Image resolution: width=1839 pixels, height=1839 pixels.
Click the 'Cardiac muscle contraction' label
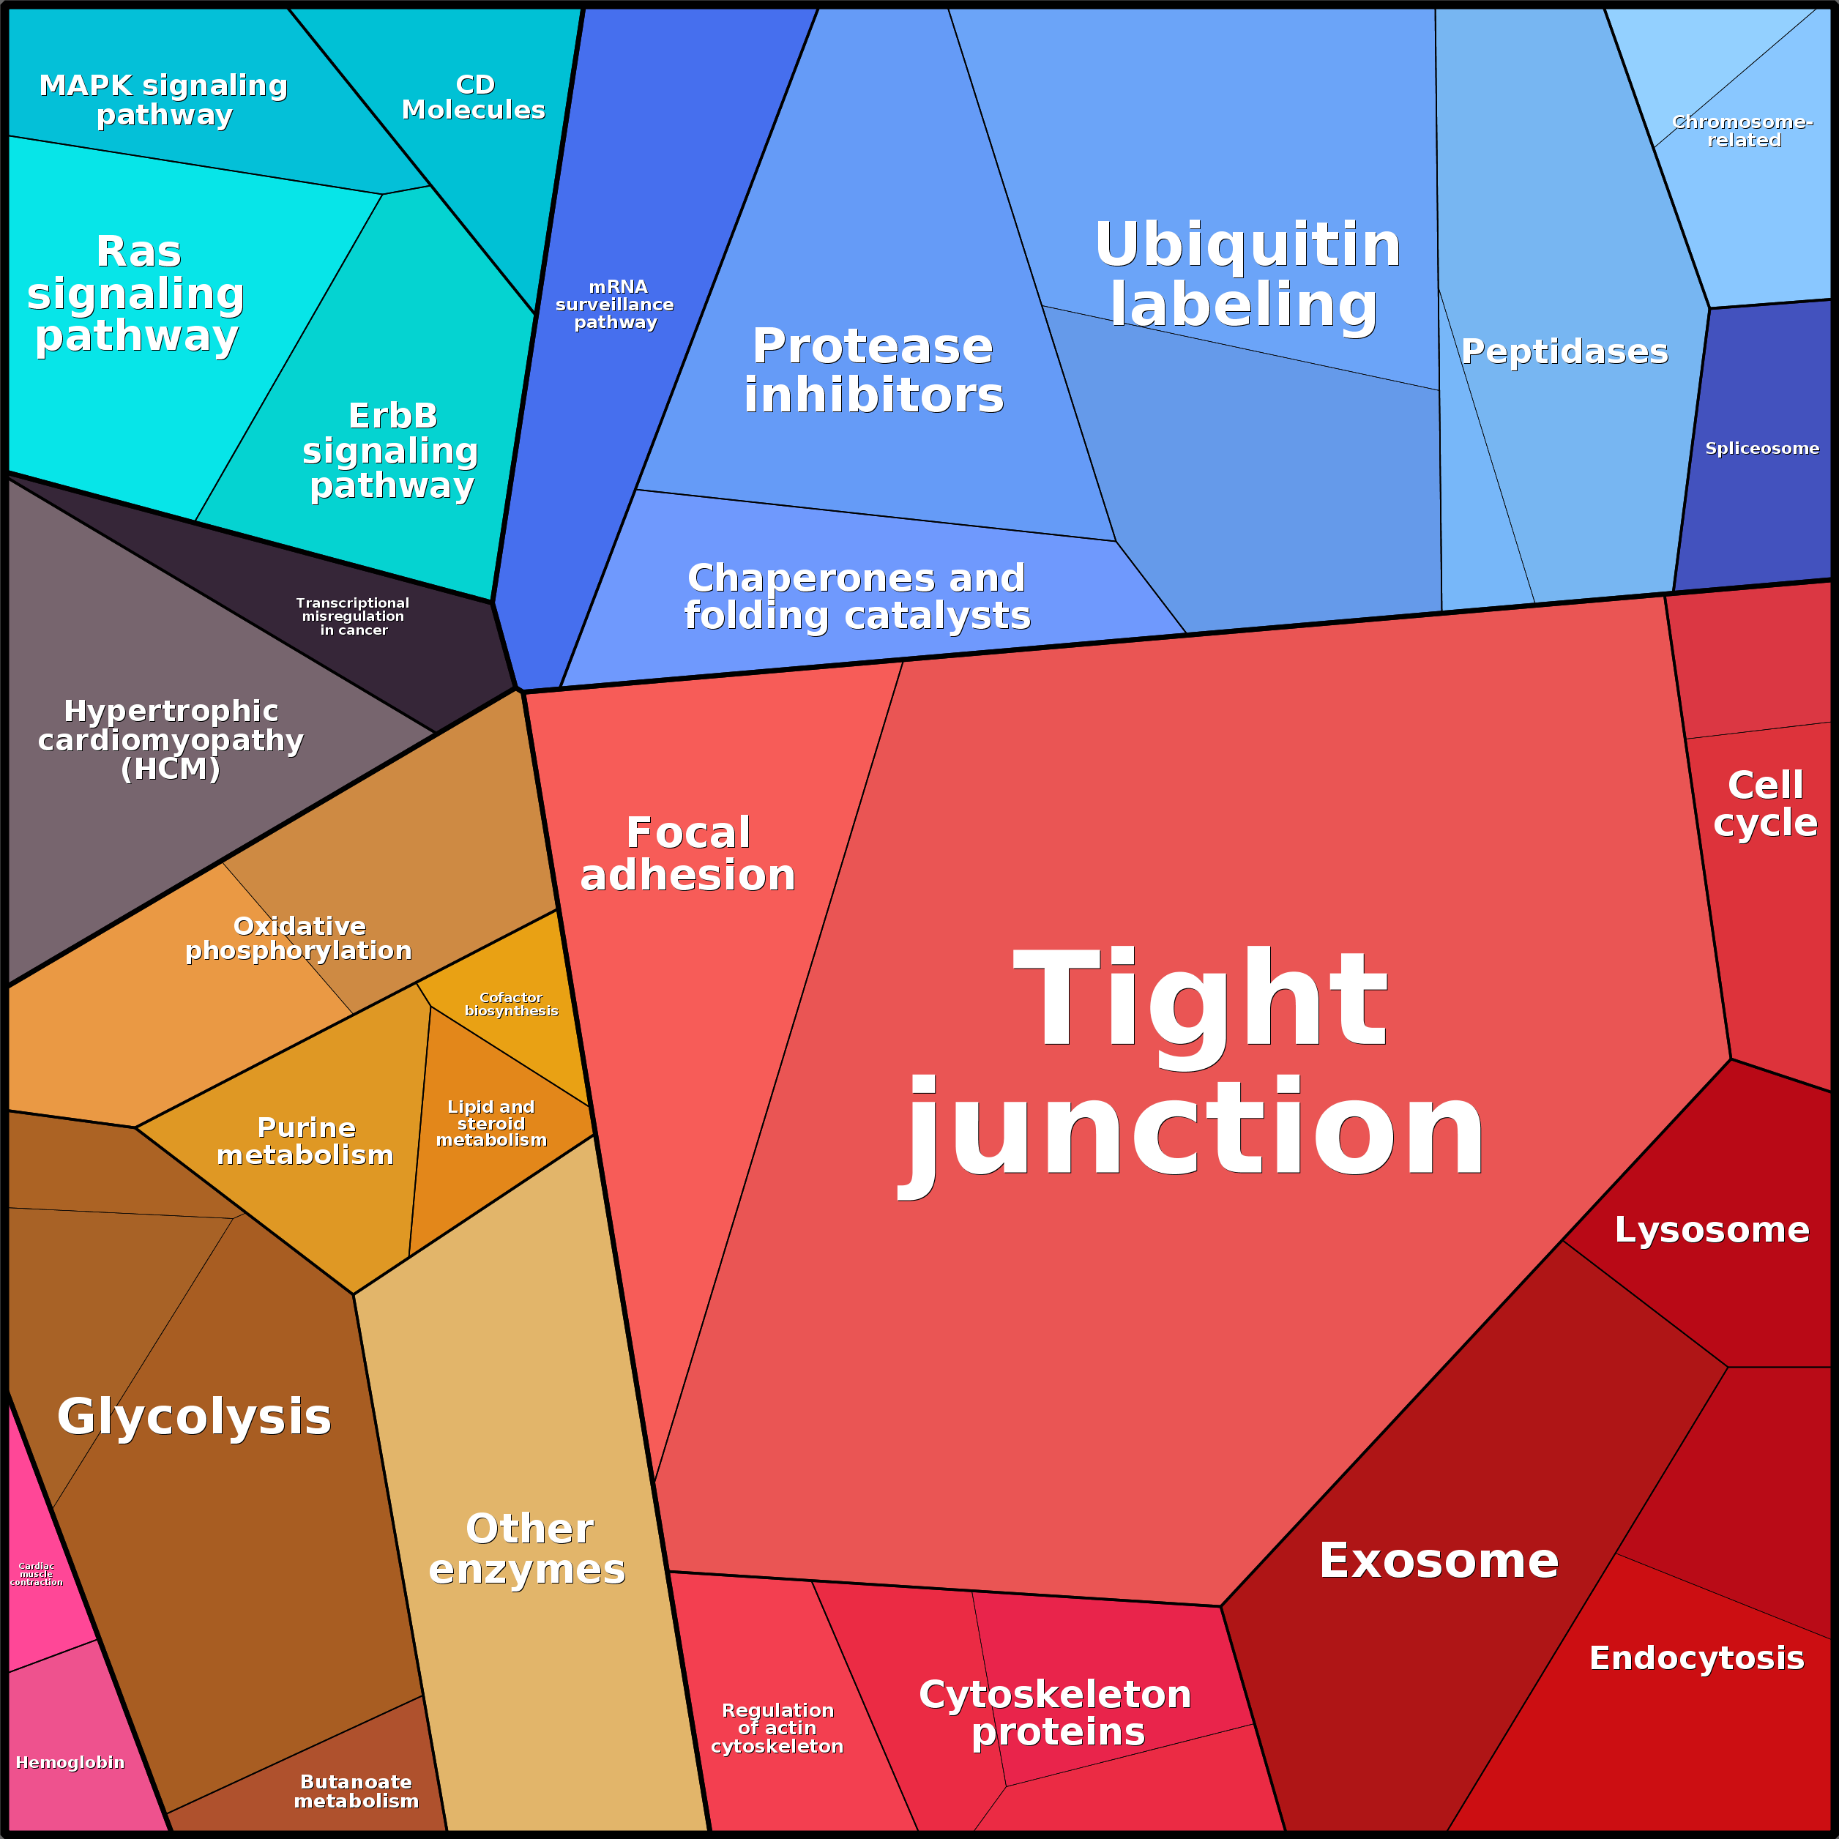click(x=36, y=1573)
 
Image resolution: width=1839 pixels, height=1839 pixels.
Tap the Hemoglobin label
click(x=70, y=1762)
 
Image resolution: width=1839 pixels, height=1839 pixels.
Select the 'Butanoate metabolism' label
click(x=356, y=1791)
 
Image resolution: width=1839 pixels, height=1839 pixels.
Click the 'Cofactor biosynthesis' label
click(x=511, y=1004)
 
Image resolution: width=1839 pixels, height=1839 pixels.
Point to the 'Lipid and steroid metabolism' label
click(x=491, y=1123)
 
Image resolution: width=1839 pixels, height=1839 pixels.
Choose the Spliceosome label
click(x=1762, y=448)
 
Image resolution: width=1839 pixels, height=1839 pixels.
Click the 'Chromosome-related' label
click(x=1743, y=131)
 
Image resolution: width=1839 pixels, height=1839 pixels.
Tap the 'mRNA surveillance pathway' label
click(x=615, y=305)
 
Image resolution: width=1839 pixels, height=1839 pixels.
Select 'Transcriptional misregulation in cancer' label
click(x=353, y=616)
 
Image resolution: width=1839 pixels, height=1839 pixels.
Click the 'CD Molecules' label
click(x=474, y=97)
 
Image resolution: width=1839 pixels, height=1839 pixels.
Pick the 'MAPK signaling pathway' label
click(x=164, y=100)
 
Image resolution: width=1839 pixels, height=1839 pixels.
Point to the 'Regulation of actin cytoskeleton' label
click(x=777, y=1728)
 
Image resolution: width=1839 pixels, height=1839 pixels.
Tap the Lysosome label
click(x=1712, y=1230)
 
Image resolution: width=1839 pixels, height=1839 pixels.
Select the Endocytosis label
click(x=1696, y=1658)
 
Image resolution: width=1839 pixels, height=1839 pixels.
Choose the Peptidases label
click(x=1565, y=351)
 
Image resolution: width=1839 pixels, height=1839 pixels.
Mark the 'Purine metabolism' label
click(x=305, y=1141)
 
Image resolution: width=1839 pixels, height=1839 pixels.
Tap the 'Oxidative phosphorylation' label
click(x=299, y=939)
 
